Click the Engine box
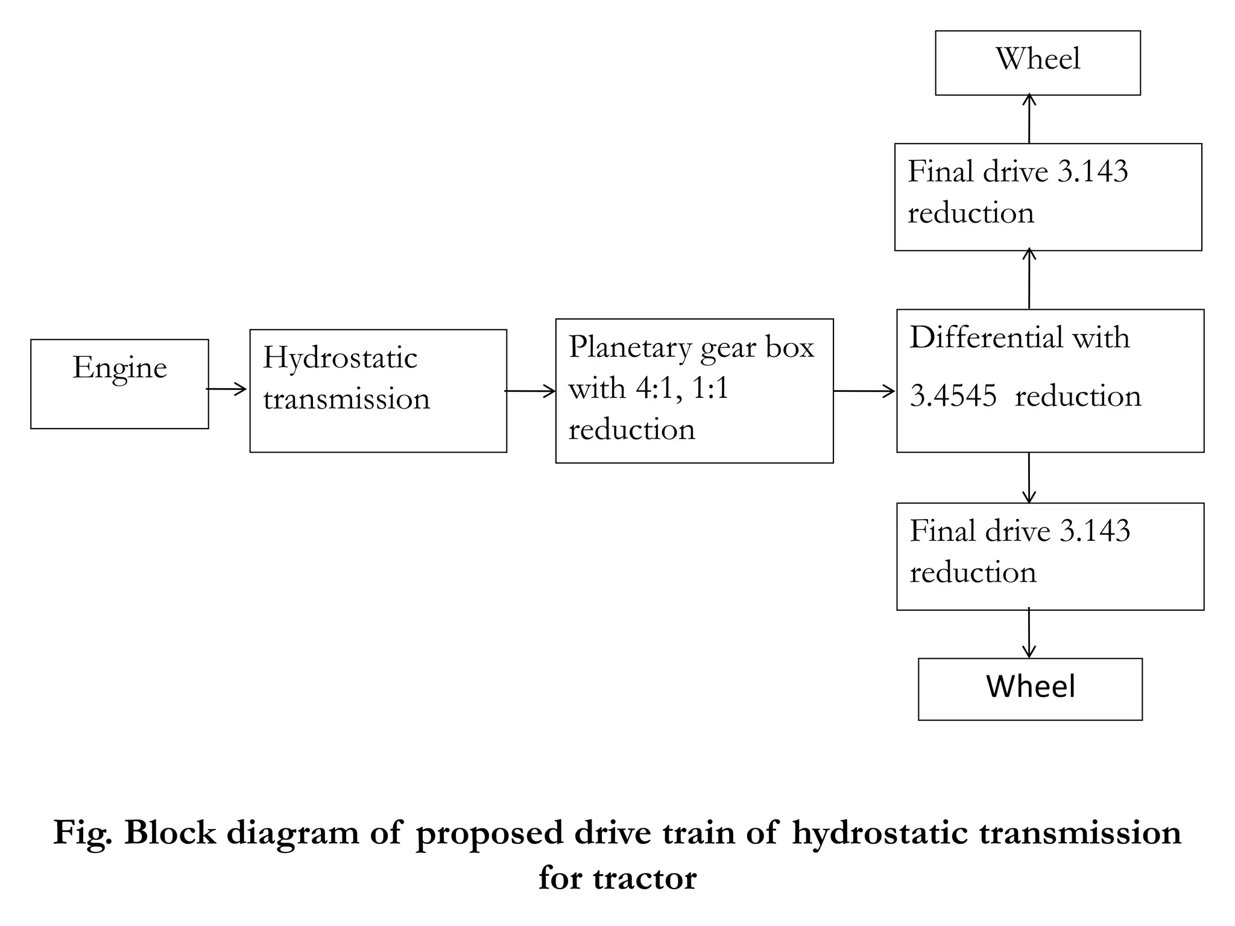[119, 384]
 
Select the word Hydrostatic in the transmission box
[340, 358]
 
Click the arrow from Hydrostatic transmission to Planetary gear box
[530, 391]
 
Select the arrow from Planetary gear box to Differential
[864, 391]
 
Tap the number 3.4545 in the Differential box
[953, 397]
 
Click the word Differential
[986, 338]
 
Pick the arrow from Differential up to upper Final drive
[1029, 279]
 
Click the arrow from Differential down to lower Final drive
[1029, 477]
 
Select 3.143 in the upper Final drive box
[1093, 172]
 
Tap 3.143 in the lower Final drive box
[1094, 531]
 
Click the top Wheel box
[1037, 63]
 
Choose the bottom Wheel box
[1030, 688]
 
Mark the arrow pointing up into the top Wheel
[1029, 118]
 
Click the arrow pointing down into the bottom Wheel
[1029, 633]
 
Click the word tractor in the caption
[644, 878]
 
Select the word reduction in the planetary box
[631, 430]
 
